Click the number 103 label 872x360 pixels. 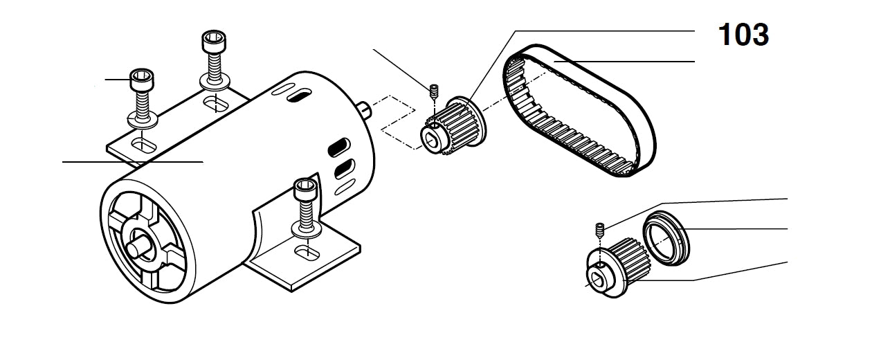coord(744,35)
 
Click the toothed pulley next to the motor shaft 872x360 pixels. coord(457,125)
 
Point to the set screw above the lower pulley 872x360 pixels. coord(601,228)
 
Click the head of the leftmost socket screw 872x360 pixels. coord(141,80)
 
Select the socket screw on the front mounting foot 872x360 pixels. coord(305,197)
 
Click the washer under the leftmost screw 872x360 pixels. coord(143,122)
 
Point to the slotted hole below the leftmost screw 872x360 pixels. coord(143,145)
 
